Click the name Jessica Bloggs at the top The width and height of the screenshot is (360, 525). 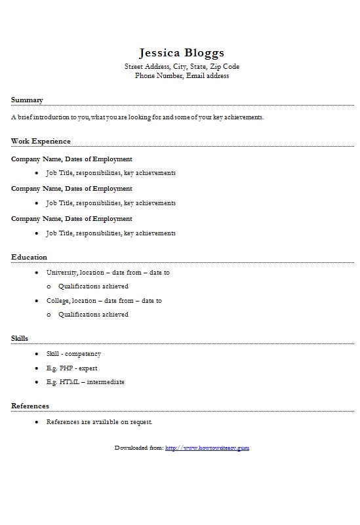[x=182, y=52]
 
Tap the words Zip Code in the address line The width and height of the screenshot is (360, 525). [x=225, y=66]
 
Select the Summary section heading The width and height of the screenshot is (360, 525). [x=27, y=100]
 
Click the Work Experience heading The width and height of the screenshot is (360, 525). [x=41, y=141]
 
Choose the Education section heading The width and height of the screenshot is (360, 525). [x=29, y=257]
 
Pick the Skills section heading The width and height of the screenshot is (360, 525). [x=20, y=338]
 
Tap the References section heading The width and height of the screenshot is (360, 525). [x=30, y=406]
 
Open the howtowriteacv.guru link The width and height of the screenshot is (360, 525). [x=207, y=448]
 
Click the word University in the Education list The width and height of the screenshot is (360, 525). [x=62, y=272]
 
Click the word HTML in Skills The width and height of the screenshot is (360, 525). [x=69, y=381]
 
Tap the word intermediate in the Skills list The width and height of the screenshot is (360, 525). [x=105, y=381]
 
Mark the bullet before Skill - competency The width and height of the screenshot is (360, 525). [x=37, y=354]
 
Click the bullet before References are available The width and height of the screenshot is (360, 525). [x=37, y=422]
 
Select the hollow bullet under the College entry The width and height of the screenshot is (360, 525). [x=49, y=315]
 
